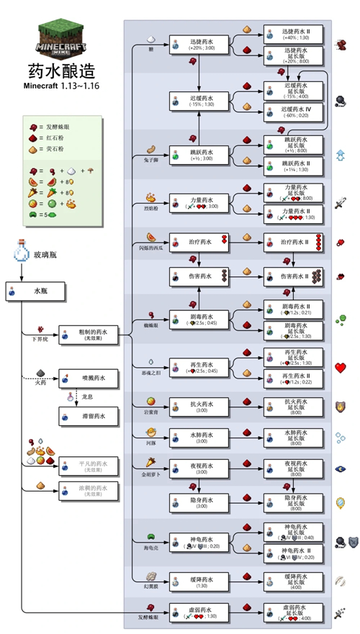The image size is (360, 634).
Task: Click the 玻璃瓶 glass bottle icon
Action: tap(19, 255)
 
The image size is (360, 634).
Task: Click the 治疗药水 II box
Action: tap(292, 244)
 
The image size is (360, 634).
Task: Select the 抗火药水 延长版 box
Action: tap(292, 406)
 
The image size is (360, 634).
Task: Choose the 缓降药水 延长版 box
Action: tap(292, 579)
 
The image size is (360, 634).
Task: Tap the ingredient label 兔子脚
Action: tap(152, 160)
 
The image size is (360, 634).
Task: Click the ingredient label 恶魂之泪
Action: tap(152, 375)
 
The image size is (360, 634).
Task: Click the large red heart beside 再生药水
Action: tap(341, 368)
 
